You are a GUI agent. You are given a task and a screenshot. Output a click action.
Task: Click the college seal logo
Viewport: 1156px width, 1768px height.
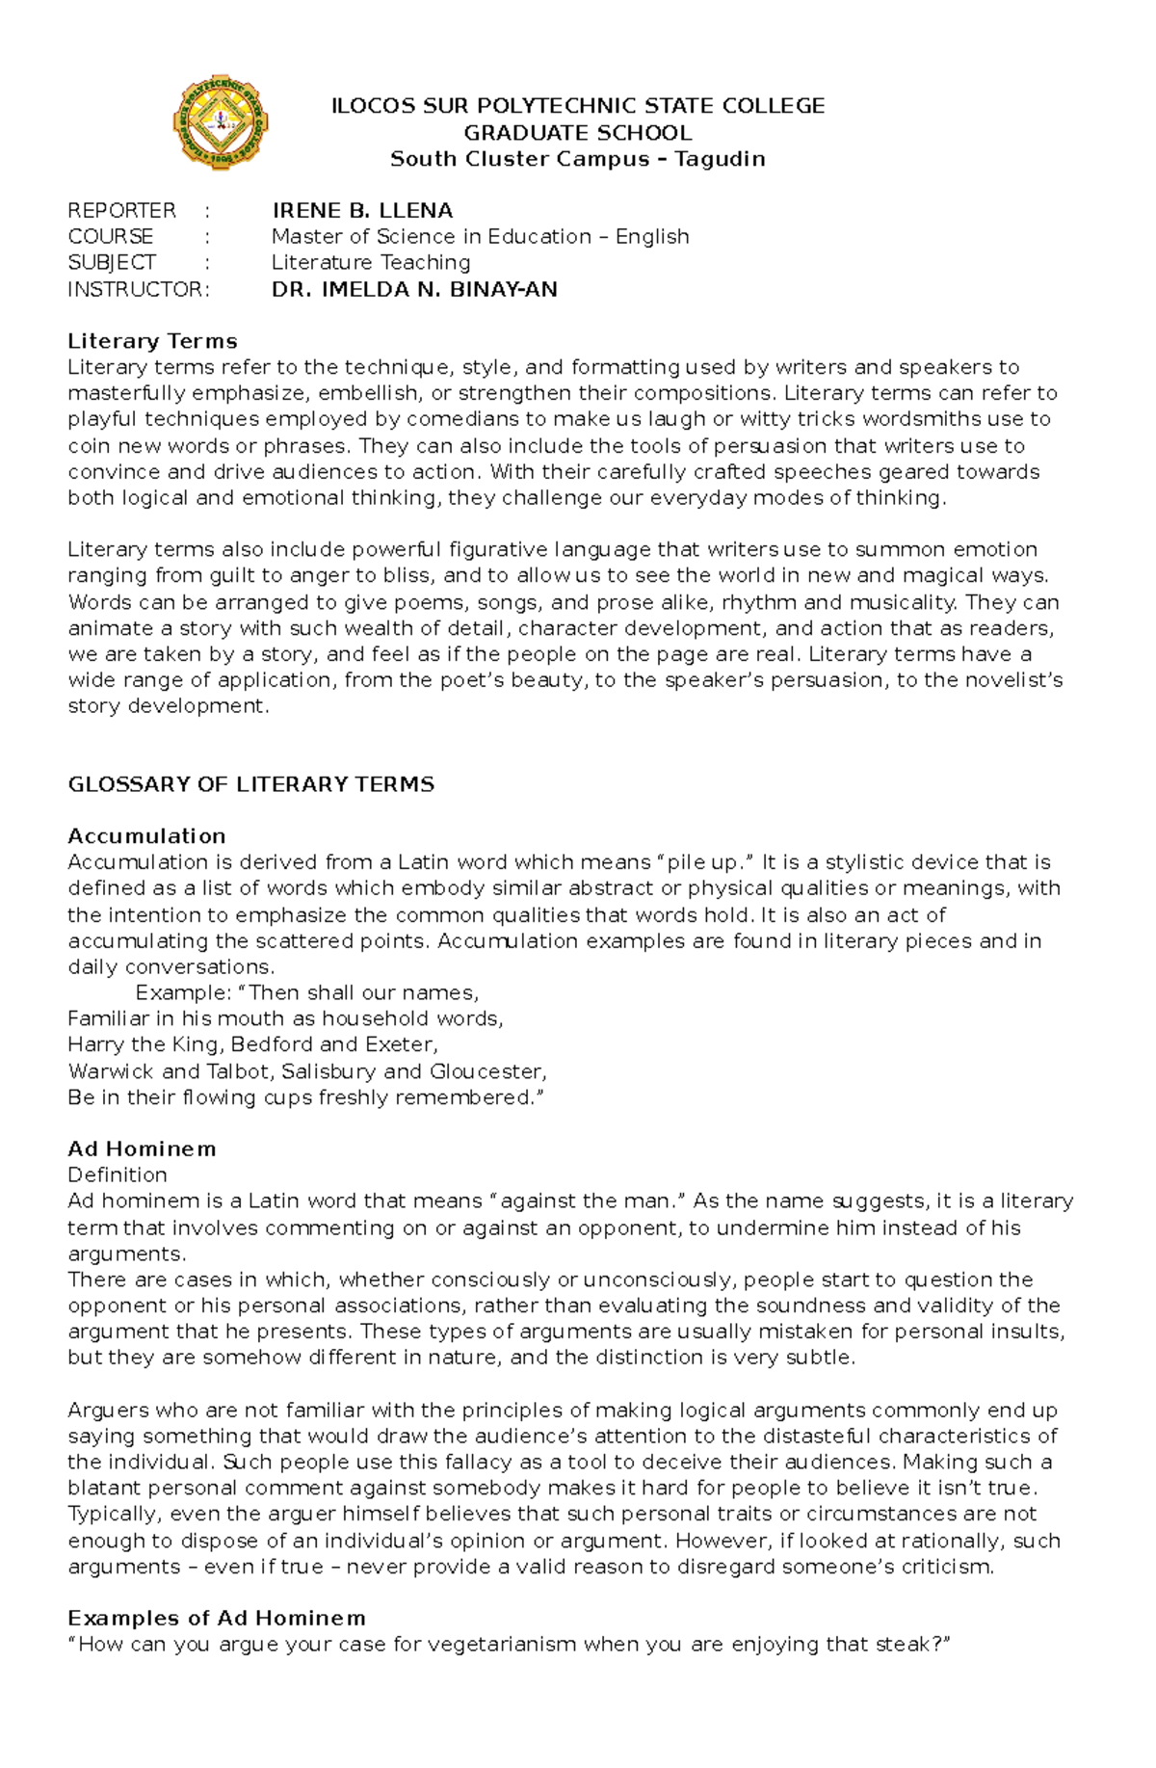click(221, 123)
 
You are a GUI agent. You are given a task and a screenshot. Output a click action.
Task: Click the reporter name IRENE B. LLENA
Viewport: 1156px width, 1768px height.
click(362, 210)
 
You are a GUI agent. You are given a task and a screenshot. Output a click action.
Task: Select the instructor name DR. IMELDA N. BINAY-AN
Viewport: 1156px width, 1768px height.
click(414, 289)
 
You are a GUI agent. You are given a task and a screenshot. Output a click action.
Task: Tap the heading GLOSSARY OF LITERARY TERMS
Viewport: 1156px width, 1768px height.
click(250, 784)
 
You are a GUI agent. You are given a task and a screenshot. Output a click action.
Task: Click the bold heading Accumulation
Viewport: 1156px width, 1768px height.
click(146, 836)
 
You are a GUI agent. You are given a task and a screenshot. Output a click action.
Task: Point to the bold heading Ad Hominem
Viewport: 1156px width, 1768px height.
click(142, 1148)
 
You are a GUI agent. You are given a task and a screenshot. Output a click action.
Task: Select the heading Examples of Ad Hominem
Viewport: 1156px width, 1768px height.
click(216, 1618)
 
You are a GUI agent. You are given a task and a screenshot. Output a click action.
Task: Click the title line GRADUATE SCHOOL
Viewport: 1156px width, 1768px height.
click(577, 133)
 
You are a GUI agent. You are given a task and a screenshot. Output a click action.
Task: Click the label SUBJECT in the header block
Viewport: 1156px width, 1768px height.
click(111, 262)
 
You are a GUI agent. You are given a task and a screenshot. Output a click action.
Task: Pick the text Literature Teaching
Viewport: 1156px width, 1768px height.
click(371, 262)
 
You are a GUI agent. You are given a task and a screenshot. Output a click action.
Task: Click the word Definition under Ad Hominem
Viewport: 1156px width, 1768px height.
click(117, 1174)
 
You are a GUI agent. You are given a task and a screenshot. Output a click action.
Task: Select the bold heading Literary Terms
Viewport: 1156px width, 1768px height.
click(152, 341)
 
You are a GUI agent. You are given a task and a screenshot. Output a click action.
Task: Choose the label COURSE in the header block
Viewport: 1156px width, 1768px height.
click(110, 236)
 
